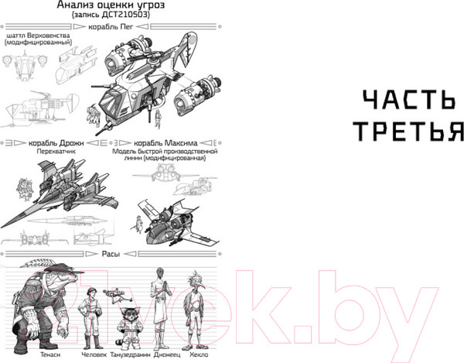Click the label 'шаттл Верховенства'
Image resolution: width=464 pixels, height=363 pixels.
[x=38, y=36]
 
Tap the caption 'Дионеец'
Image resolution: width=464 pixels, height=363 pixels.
[x=160, y=355]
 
